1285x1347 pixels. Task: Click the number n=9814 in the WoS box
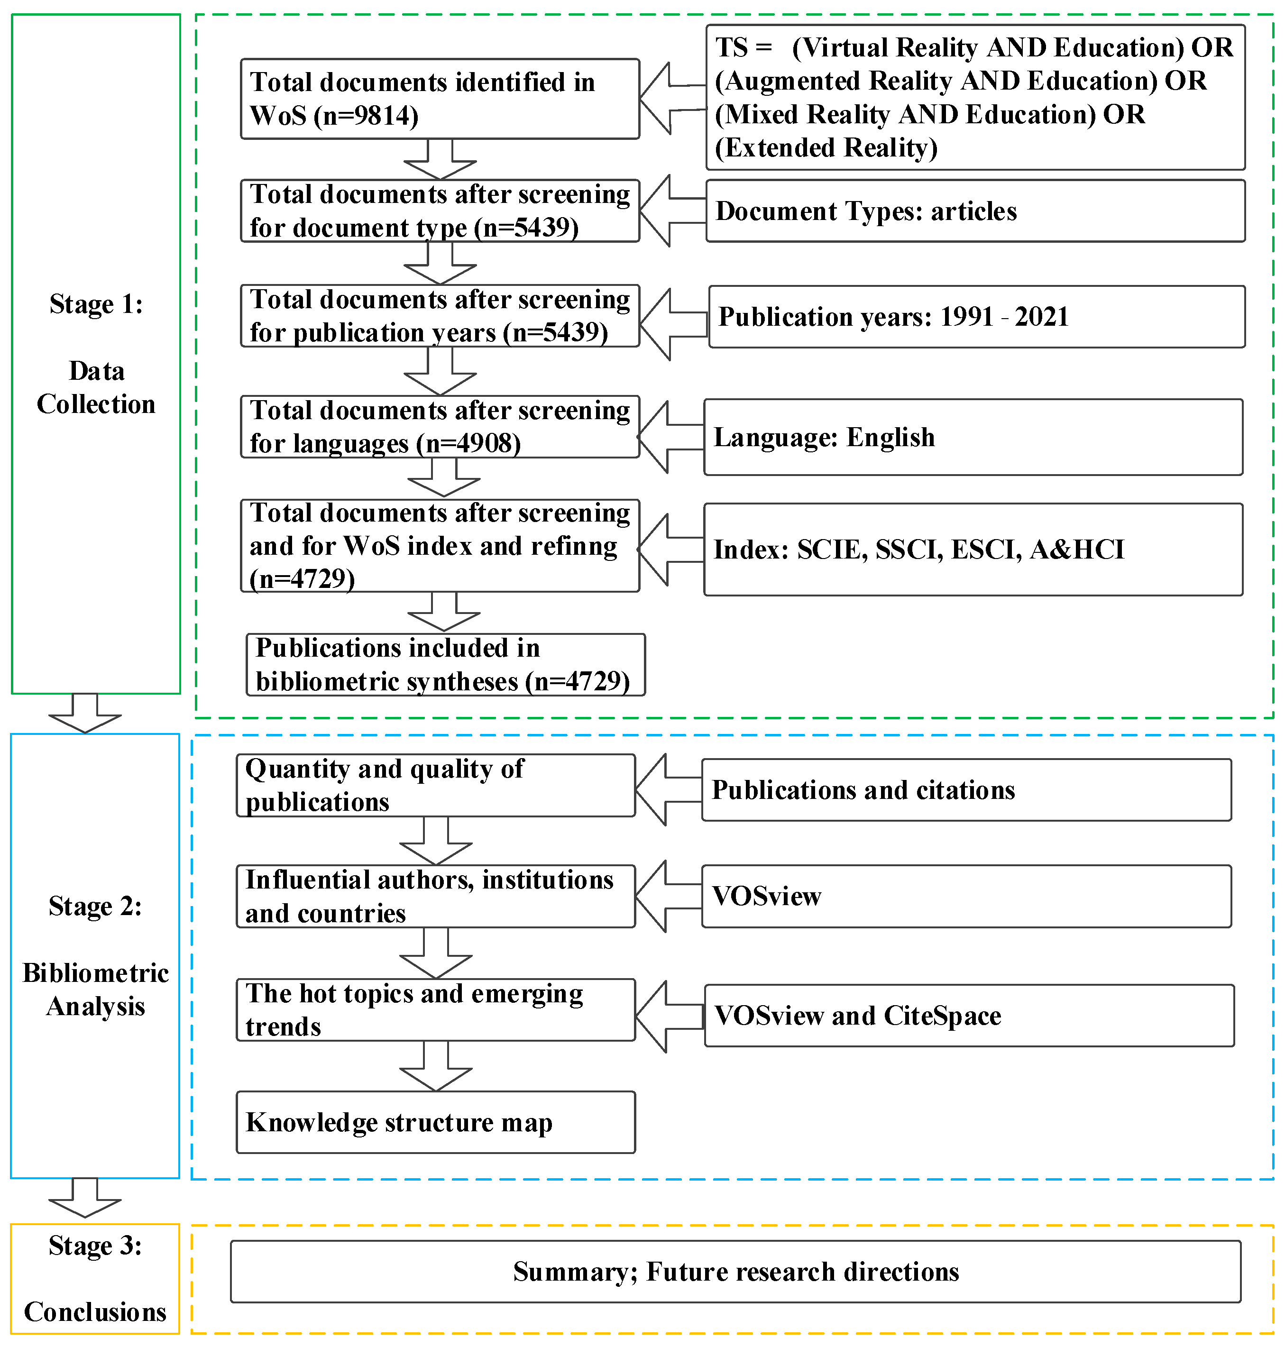(x=367, y=116)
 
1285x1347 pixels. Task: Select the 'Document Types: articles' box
(x=975, y=211)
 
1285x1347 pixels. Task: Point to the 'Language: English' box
(x=973, y=437)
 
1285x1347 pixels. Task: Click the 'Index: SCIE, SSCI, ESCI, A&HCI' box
(x=973, y=549)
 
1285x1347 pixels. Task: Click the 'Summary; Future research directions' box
(x=735, y=1272)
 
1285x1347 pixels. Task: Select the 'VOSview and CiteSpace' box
(x=969, y=1016)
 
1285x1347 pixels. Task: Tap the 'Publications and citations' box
(x=966, y=789)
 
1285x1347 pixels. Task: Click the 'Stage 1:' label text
(x=96, y=304)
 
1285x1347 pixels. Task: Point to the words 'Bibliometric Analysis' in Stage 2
(x=95, y=990)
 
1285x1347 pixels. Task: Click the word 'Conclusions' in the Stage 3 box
(x=95, y=1312)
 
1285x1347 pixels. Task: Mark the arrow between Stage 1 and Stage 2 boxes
(x=85, y=714)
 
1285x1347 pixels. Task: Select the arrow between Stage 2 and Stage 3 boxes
(x=85, y=1198)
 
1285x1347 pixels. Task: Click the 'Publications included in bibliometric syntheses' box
(x=445, y=664)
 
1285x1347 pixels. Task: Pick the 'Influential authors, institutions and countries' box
(x=436, y=897)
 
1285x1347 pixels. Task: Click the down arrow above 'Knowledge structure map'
(x=436, y=1067)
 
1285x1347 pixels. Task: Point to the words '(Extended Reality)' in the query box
(x=826, y=148)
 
